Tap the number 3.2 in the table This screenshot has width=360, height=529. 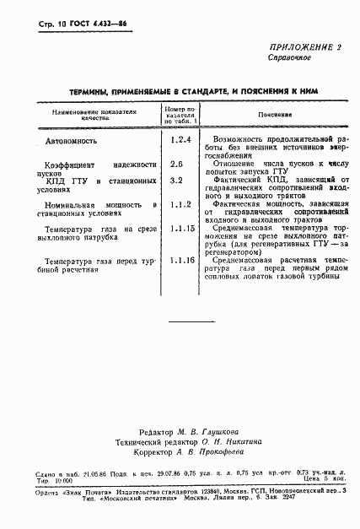[177, 180]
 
